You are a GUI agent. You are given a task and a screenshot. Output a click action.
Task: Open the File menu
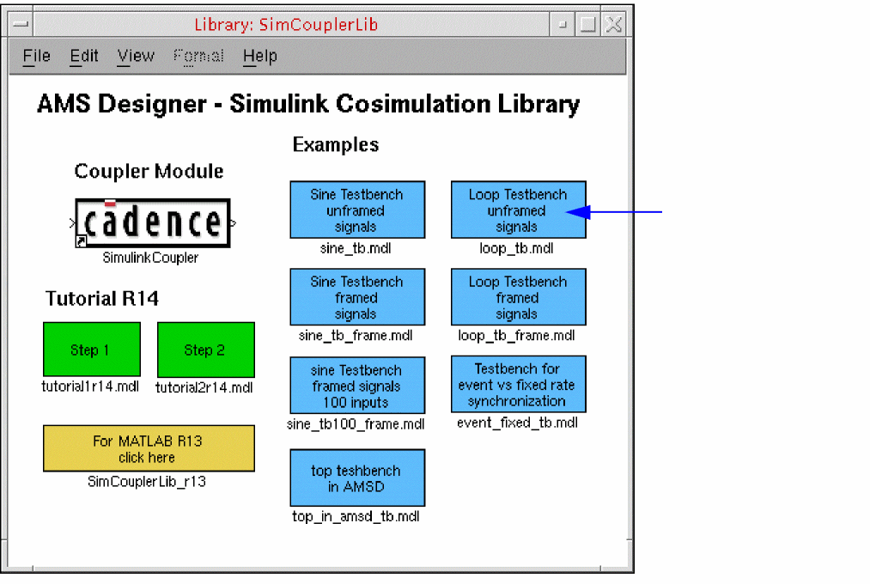pyautogui.click(x=36, y=57)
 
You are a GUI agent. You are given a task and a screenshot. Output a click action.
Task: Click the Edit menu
pyautogui.click(x=84, y=57)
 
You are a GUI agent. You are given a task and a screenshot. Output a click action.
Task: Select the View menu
pyautogui.click(x=136, y=57)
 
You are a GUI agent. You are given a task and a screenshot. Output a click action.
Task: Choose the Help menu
pyautogui.click(x=259, y=57)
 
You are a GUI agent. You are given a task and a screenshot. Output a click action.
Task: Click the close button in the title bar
pyautogui.click(x=613, y=25)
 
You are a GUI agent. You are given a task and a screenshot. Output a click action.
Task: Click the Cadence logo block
pyautogui.click(x=152, y=222)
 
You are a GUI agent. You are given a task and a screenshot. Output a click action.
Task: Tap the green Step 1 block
pyautogui.click(x=91, y=350)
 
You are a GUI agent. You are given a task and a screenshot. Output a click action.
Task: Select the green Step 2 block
pyautogui.click(x=205, y=350)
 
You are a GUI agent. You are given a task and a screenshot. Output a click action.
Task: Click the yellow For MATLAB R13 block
pyautogui.click(x=149, y=448)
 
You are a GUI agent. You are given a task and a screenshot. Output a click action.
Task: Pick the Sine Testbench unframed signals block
pyautogui.click(x=357, y=210)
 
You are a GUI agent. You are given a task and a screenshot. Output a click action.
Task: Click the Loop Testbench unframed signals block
pyautogui.click(x=518, y=210)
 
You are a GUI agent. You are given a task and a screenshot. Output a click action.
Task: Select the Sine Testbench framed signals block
pyautogui.click(x=357, y=297)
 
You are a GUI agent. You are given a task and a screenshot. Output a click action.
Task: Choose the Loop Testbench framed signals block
pyautogui.click(x=518, y=297)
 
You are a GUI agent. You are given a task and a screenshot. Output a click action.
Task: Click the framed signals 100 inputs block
pyautogui.click(x=357, y=386)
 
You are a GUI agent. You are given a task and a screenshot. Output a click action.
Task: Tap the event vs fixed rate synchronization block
pyautogui.click(x=518, y=384)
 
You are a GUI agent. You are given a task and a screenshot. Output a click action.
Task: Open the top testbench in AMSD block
pyautogui.click(x=357, y=478)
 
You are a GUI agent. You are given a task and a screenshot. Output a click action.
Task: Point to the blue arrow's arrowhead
pyautogui.click(x=575, y=211)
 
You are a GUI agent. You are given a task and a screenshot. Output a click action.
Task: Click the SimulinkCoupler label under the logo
pyautogui.click(x=150, y=258)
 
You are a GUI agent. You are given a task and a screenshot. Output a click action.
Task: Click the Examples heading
pyautogui.click(x=336, y=144)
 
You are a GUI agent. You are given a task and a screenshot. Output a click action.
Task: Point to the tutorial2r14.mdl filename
pyautogui.click(x=204, y=387)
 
